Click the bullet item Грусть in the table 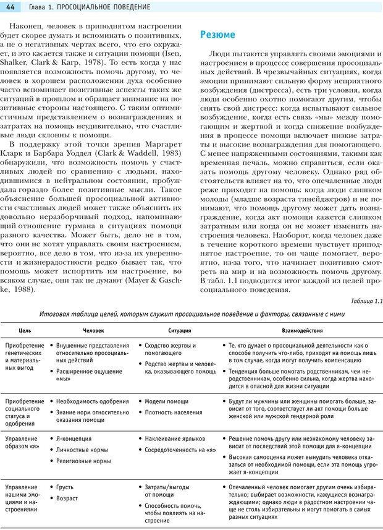65,487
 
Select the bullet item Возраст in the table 67,498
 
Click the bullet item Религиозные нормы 83,461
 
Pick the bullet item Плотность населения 173,412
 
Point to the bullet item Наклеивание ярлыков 175,439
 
